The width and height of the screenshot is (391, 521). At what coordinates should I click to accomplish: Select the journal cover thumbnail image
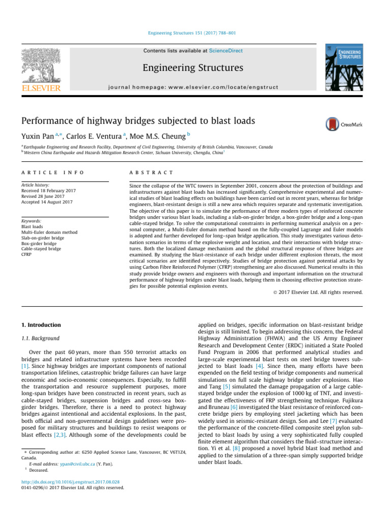[345, 69]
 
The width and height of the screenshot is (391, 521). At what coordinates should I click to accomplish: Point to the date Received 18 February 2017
[52, 191]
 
